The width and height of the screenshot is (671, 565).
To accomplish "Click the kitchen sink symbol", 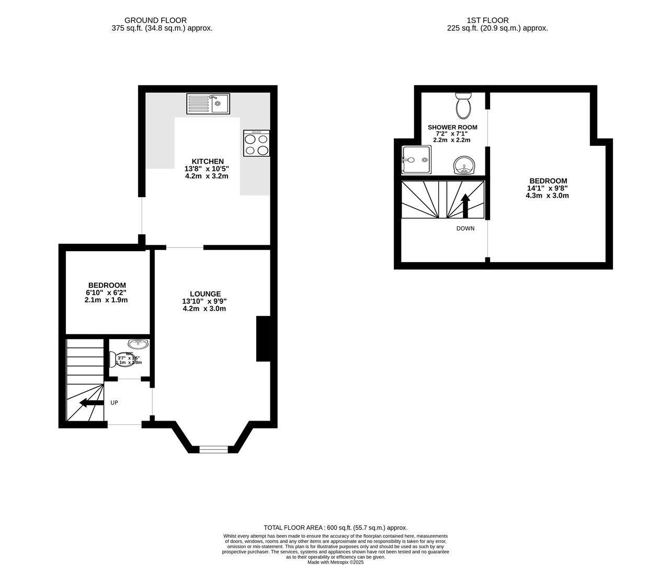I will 208,104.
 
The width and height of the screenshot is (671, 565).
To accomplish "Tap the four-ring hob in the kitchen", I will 256,143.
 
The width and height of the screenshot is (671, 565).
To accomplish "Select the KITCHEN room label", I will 208,161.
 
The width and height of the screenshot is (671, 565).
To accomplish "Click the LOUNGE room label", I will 205,294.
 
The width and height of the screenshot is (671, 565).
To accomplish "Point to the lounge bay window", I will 213,448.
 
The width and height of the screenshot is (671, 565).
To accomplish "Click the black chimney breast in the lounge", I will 263,339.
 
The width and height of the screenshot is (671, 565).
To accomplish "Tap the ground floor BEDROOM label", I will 107,285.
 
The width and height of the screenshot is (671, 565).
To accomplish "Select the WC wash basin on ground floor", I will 138,344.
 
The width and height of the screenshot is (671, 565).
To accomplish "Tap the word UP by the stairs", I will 114,403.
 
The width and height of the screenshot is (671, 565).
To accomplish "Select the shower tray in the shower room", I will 416,160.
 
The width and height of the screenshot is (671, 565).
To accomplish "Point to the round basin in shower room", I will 463,166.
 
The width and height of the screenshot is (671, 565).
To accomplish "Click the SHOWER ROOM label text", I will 452,127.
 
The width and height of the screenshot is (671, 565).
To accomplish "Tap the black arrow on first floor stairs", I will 465,205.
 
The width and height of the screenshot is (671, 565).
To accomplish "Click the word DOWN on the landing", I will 465,229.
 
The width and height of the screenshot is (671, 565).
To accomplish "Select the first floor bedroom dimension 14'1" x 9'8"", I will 548,188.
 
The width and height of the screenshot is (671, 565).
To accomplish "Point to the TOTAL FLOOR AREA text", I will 335,528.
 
